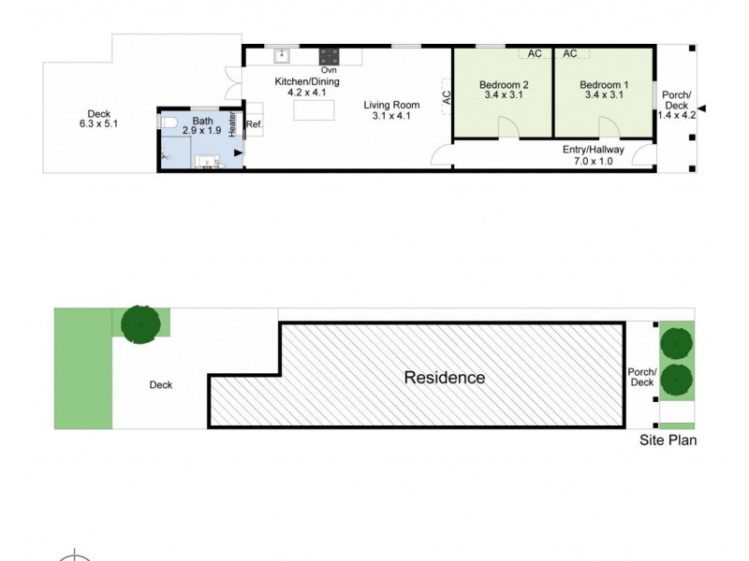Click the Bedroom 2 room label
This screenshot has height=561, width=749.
pyautogui.click(x=505, y=84)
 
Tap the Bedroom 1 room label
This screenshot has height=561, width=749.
pyautogui.click(x=606, y=84)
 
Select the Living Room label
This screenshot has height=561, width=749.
pyautogui.click(x=391, y=105)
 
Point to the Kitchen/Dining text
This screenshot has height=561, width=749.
pyautogui.click(x=306, y=81)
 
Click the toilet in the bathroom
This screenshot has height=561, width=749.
pyautogui.click(x=169, y=123)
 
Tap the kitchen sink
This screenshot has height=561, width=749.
pyautogui.click(x=280, y=54)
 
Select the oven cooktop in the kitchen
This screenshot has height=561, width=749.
pyautogui.click(x=329, y=54)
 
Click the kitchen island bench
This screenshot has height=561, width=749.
pyautogui.click(x=315, y=110)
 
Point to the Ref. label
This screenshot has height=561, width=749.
pyautogui.click(x=255, y=123)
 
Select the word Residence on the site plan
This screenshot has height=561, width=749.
pyautogui.click(x=444, y=378)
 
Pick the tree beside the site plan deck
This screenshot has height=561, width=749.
pyautogui.click(x=140, y=323)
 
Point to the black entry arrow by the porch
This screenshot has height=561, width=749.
pyautogui.click(x=703, y=109)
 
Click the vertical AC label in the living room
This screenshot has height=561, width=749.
pyautogui.click(x=447, y=95)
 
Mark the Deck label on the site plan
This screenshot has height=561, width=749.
pyautogui.click(x=160, y=384)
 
